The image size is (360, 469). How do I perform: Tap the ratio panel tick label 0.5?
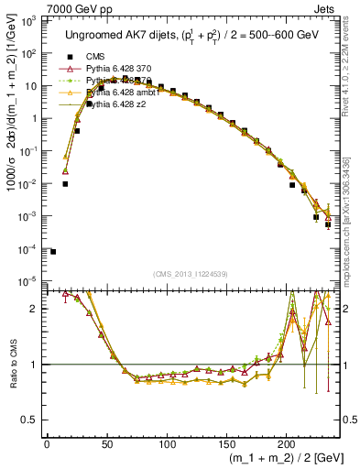point(29,420)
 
